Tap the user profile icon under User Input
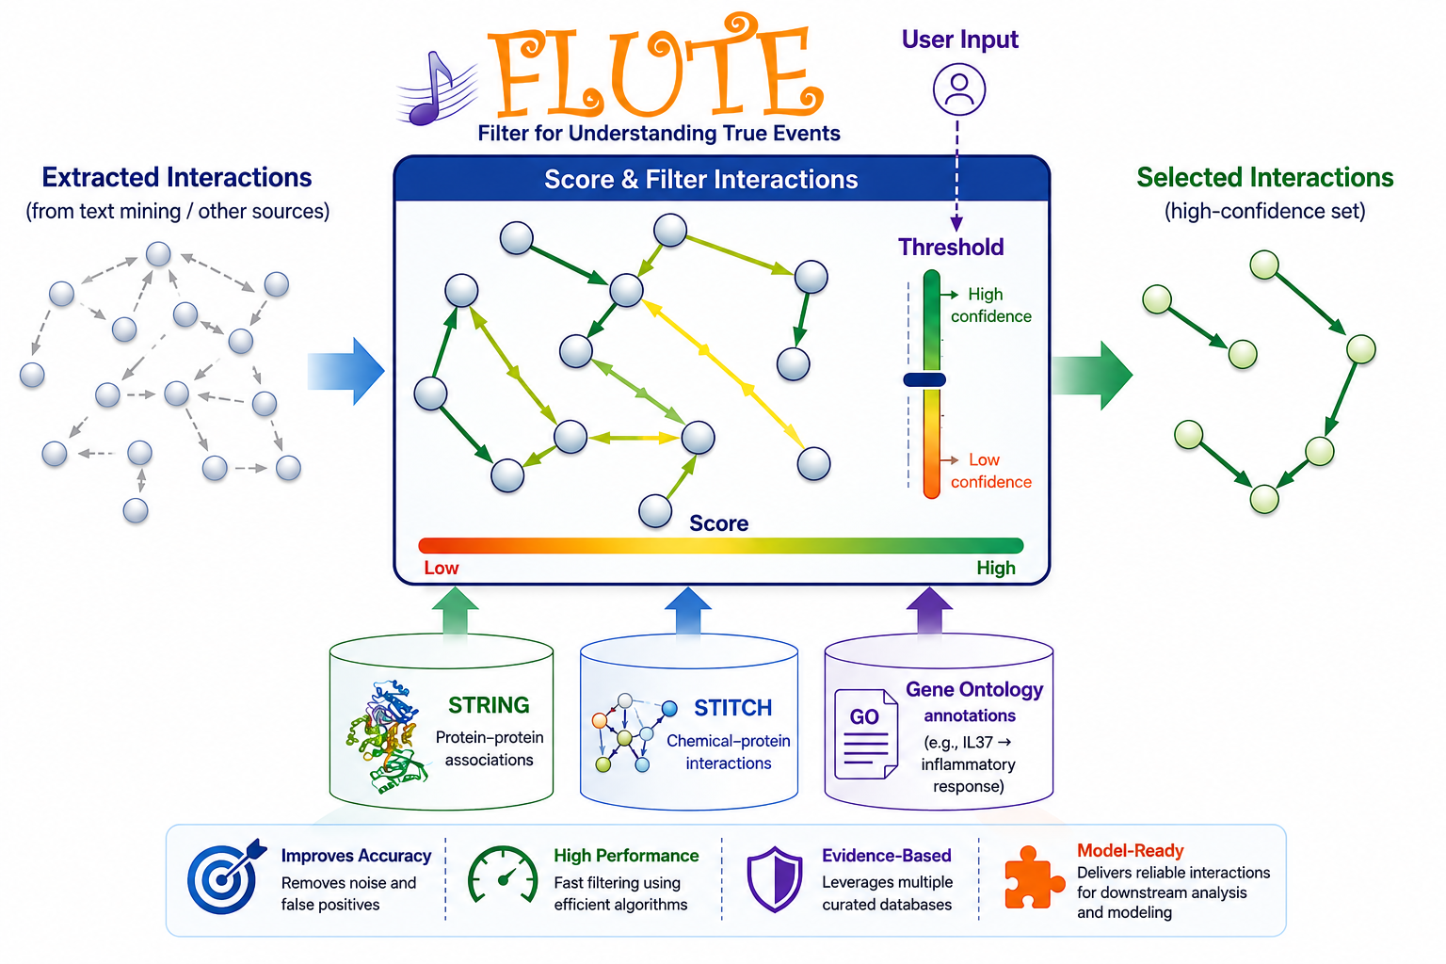958,89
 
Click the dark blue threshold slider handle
924,379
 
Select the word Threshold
951,247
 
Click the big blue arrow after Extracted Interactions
346,371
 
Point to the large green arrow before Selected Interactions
1092,375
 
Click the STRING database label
489,705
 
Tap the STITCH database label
732,708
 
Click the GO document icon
866,734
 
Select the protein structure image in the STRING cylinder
386,735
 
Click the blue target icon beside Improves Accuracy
226,876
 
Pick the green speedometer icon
503,875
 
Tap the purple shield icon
775,878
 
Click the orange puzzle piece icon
1034,876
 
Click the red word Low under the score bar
441,569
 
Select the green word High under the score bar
995,569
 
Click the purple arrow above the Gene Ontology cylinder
929,610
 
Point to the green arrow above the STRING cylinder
455,610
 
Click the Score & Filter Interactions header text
701,180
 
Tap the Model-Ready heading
1130,850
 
